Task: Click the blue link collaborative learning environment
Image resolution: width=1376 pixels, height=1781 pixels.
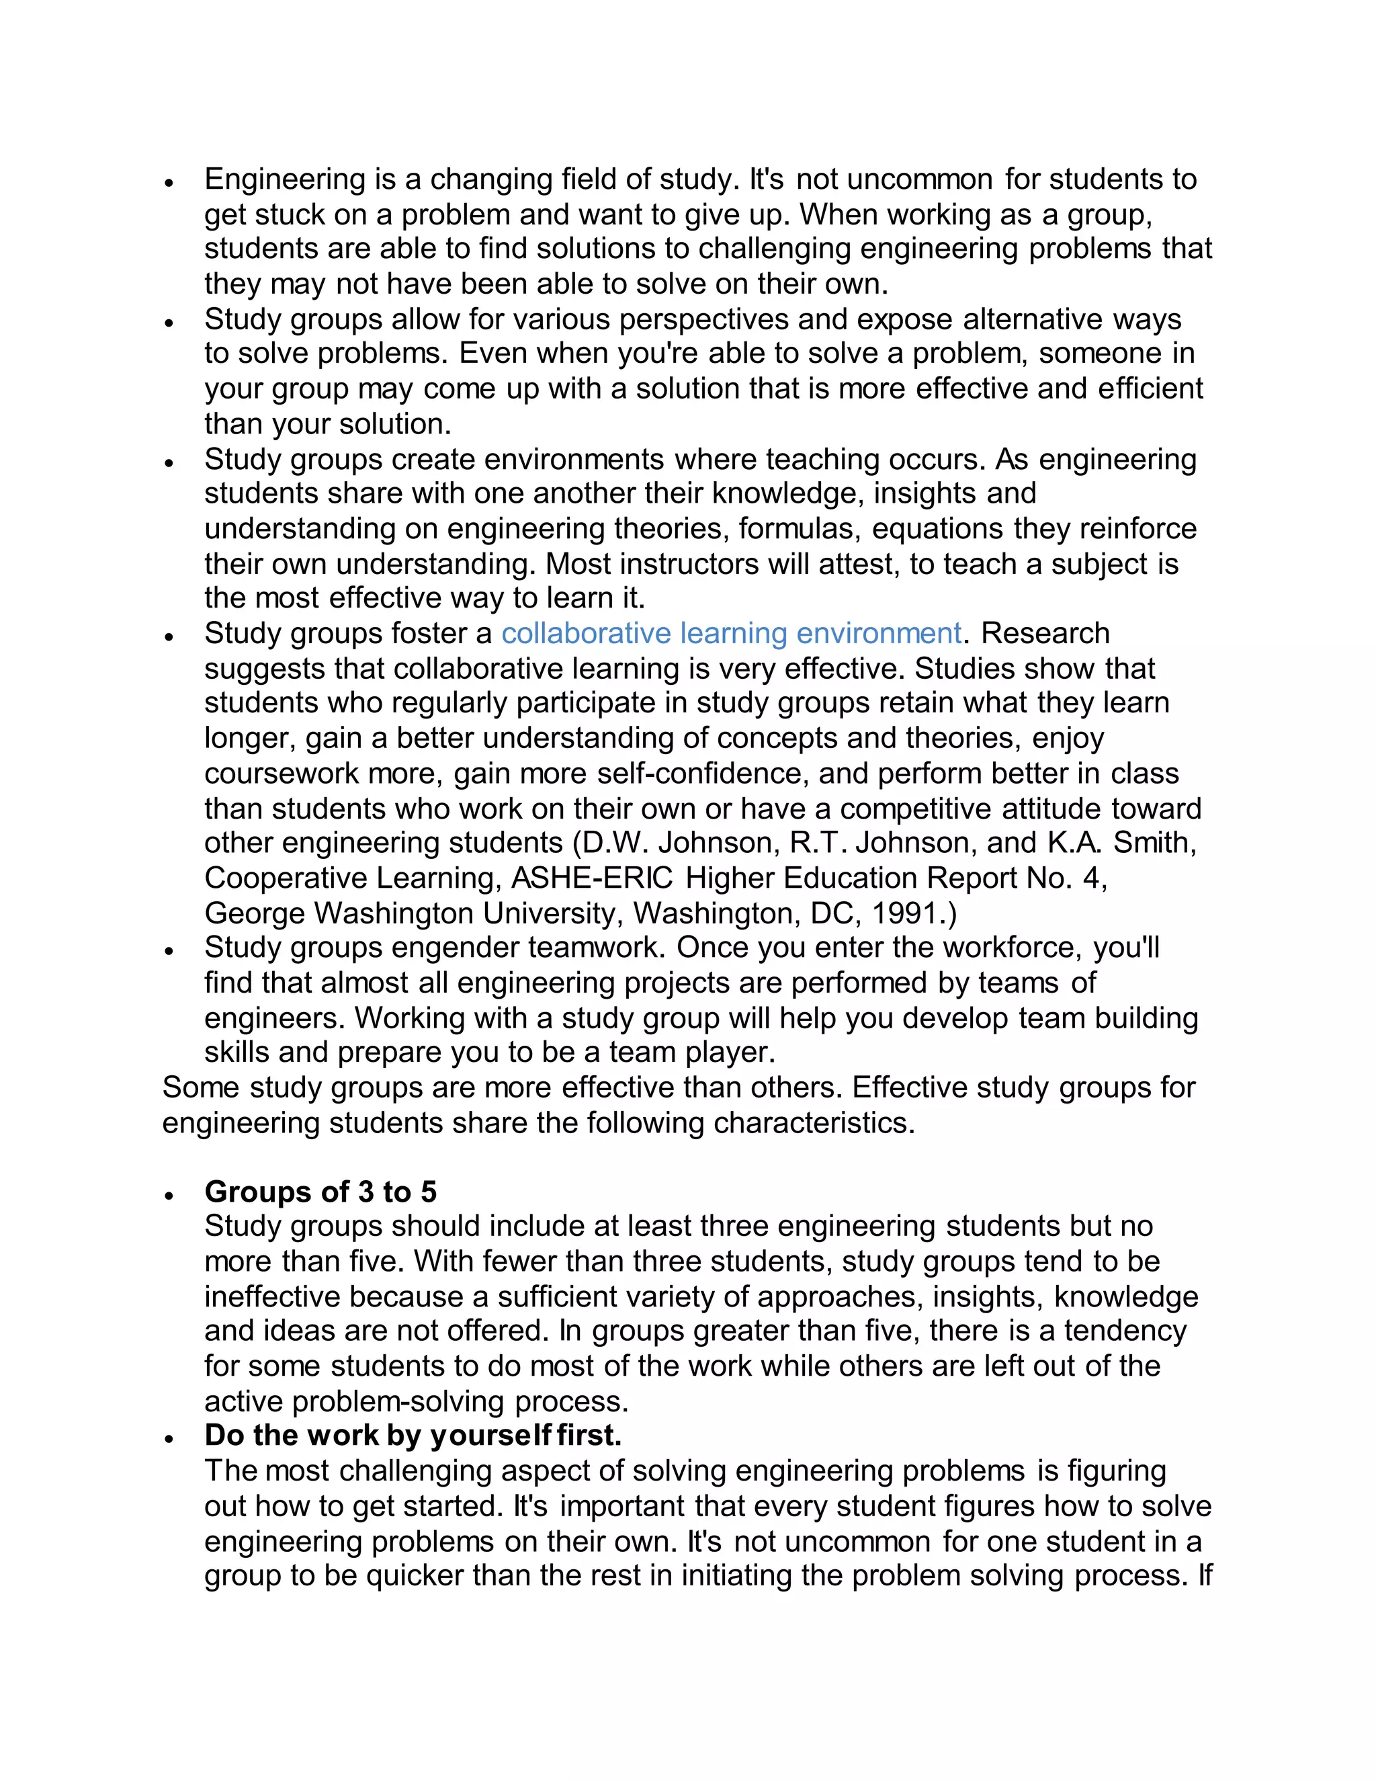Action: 730,634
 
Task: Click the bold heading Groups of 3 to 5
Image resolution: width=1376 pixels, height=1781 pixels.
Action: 320,1192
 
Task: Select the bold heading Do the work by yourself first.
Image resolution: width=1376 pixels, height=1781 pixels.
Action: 413,1436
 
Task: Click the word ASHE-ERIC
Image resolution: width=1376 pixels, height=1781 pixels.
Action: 592,878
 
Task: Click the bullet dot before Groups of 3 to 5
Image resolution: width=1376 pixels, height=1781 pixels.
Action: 169,1196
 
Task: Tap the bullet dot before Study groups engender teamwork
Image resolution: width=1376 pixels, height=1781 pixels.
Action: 169,951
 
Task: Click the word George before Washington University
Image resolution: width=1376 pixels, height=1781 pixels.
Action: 255,913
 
